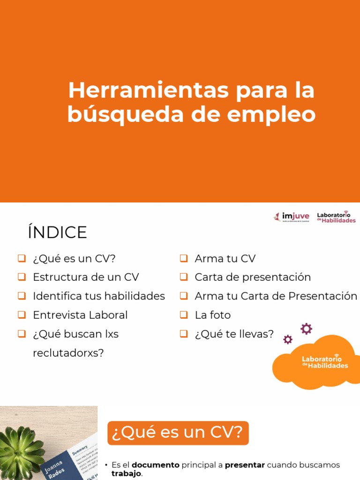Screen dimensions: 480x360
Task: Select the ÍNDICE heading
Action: tap(57, 232)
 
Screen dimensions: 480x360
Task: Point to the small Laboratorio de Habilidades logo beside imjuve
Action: tap(336, 217)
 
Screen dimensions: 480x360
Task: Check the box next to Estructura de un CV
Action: tap(22, 277)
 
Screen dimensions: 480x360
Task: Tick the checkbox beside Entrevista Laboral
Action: tap(22, 315)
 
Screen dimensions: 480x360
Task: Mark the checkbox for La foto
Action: tap(184, 315)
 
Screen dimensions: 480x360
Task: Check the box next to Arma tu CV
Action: tap(184, 258)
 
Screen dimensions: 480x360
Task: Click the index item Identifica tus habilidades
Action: tap(98, 296)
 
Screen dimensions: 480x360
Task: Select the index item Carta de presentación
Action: tap(253, 277)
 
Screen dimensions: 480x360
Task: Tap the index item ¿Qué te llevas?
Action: tap(234, 334)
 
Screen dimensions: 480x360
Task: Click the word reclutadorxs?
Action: tap(68, 353)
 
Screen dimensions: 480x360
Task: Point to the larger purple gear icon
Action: tap(306, 329)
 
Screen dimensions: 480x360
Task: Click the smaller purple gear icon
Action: tap(288, 339)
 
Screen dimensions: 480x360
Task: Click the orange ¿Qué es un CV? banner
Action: tap(178, 433)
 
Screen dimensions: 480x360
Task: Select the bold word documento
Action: tap(156, 465)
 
